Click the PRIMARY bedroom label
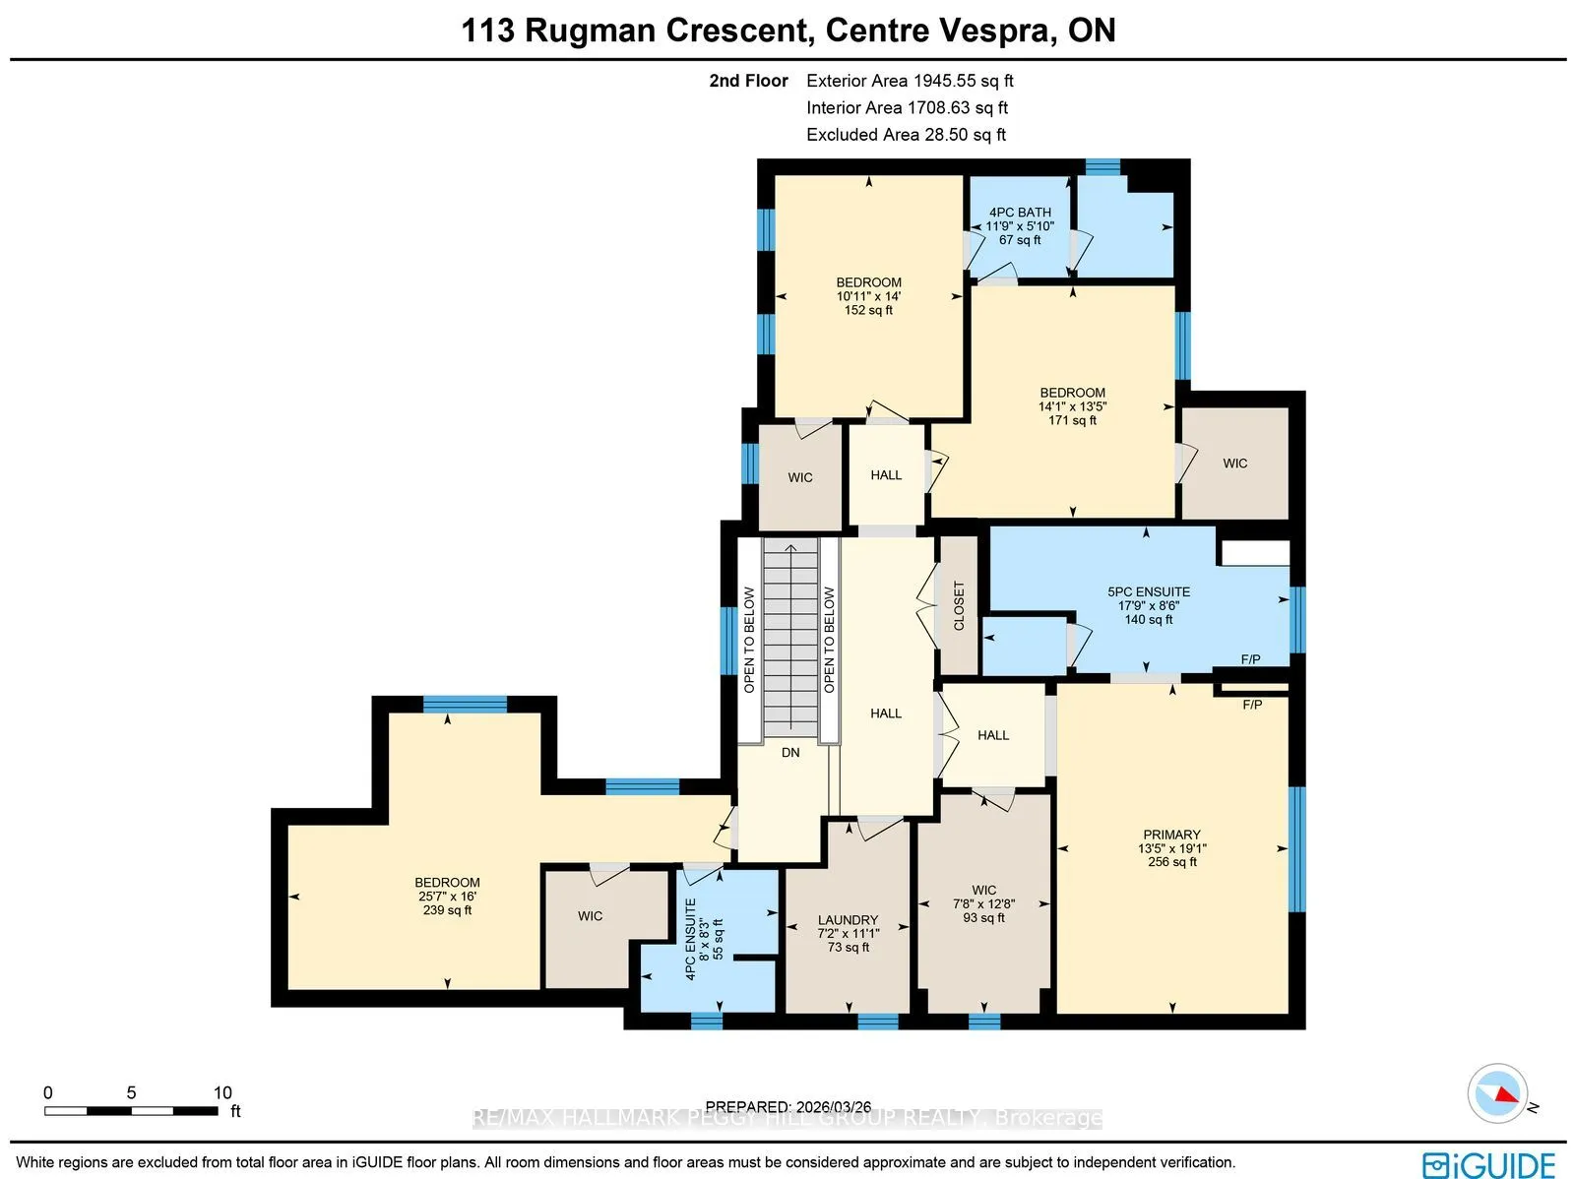point(1171,834)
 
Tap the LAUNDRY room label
point(849,919)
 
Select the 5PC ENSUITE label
point(1149,591)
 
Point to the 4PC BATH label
point(1020,213)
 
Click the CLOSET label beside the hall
point(959,606)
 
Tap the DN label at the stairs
point(790,752)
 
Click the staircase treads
point(790,637)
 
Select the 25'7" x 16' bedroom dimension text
point(448,897)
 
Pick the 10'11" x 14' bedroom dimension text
point(868,296)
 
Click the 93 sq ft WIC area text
point(983,917)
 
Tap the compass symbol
point(1497,1093)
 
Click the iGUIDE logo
point(1489,1164)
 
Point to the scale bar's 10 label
point(222,1093)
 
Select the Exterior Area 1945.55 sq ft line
point(910,81)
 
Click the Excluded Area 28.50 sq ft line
point(907,135)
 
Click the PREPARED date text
point(787,1106)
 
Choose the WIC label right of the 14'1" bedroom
point(1234,464)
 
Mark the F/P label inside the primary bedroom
point(1252,705)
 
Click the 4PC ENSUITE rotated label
point(690,939)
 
